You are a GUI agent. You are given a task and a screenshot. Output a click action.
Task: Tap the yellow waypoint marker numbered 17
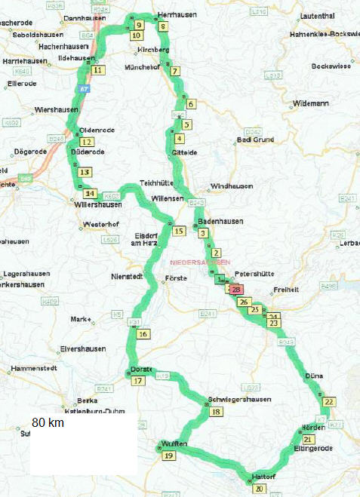(138, 381)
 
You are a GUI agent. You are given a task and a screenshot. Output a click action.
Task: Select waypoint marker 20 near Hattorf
(260, 489)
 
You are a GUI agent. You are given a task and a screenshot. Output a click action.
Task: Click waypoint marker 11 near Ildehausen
(97, 70)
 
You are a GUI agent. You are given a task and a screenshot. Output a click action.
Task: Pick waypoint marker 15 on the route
(178, 231)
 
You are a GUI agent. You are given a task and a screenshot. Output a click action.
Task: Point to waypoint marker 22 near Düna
(329, 402)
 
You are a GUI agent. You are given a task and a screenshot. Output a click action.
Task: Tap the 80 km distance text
(48, 423)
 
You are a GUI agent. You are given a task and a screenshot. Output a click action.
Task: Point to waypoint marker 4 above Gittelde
(179, 138)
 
